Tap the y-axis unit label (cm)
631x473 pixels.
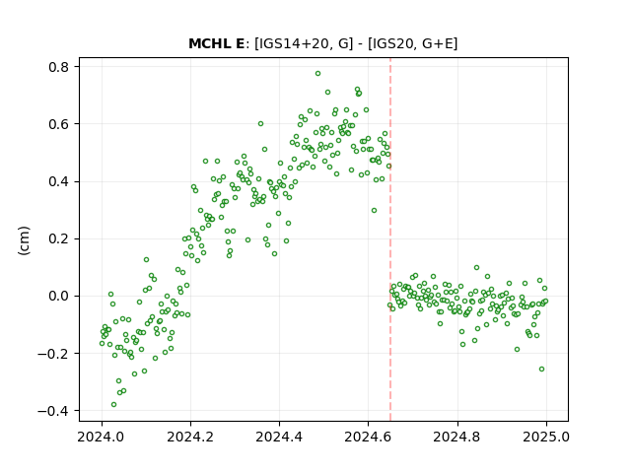24,240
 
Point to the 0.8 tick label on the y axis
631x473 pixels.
59,67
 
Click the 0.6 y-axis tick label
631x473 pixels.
59,124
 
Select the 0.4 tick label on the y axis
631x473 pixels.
59,181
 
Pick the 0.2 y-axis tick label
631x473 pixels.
59,238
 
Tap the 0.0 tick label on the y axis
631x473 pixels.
59,297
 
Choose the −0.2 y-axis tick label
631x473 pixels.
53,354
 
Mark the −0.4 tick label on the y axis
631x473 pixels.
53,411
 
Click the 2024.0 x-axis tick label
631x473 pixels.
102,437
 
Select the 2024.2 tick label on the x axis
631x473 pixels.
190,437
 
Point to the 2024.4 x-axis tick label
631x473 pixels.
279,437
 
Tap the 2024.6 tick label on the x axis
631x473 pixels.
368,437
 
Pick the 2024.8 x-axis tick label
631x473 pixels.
456,437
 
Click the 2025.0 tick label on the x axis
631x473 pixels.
545,437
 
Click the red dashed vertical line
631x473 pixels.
390,239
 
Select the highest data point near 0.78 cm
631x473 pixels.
317,74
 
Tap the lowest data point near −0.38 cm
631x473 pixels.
114,405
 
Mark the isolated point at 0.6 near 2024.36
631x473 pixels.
260,124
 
